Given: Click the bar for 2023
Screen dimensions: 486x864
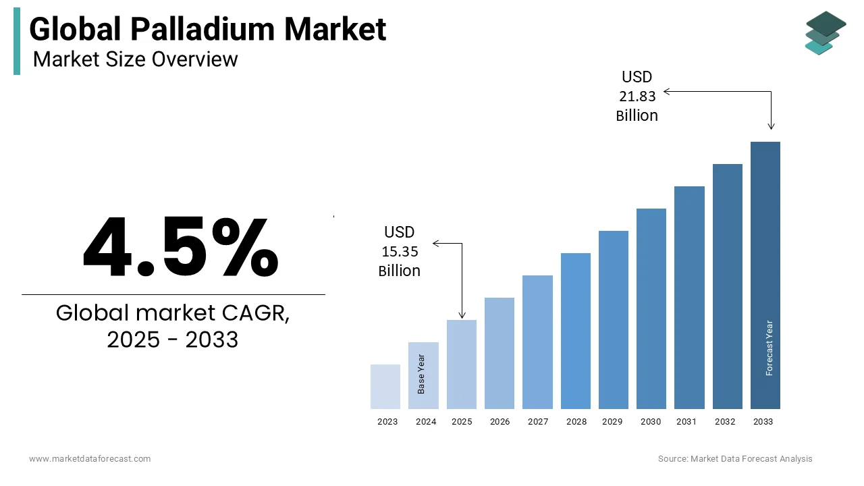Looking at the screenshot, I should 385,387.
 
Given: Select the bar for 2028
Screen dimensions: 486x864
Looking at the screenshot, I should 575,331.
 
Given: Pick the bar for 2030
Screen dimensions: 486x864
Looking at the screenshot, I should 651,308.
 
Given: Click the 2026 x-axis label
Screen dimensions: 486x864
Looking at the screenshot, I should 500,422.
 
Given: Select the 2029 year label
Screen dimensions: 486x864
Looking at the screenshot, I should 612,422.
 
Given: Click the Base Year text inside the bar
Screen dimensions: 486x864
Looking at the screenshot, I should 421,374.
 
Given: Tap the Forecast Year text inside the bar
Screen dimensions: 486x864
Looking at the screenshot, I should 769,348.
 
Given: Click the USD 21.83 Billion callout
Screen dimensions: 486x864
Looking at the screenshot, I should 637,96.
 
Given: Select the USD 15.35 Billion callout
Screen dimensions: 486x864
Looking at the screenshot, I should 399,251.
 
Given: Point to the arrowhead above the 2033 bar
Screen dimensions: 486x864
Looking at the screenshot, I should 772,126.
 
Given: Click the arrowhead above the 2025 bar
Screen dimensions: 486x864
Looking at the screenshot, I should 462,315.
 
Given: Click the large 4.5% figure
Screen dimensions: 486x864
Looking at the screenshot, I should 180,248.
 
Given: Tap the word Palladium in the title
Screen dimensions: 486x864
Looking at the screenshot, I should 202,29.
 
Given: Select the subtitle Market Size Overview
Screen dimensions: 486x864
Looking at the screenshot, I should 135,59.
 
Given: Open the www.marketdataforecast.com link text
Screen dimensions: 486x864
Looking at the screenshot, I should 90,459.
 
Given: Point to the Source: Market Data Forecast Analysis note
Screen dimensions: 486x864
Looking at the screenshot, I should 735,459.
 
